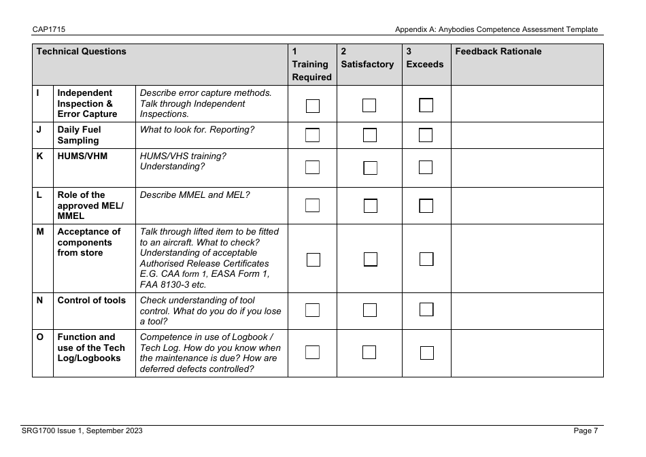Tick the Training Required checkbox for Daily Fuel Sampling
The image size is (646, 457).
pyautogui.click(x=313, y=135)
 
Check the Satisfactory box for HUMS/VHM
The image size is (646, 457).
pyautogui.click(x=370, y=167)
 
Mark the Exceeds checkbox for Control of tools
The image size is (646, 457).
pyautogui.click(x=426, y=310)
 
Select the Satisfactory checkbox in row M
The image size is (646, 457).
pyautogui.click(x=370, y=258)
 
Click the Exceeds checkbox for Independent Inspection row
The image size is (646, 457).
pyautogui.click(x=426, y=105)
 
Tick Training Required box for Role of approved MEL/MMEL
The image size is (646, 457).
pyautogui.click(x=313, y=205)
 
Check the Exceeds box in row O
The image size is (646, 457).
pyautogui.click(x=426, y=352)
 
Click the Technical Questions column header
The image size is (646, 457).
pyautogui.click(x=82, y=52)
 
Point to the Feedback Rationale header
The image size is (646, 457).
pyautogui.click(x=498, y=52)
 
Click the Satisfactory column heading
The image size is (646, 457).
pyautogui.click(x=367, y=64)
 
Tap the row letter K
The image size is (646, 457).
pyautogui.click(x=40, y=156)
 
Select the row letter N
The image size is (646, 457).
pyautogui.click(x=40, y=300)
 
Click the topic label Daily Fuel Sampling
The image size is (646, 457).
pyautogui.click(x=78, y=135)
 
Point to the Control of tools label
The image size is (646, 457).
pyautogui.click(x=91, y=300)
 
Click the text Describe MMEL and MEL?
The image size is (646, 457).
pyautogui.click(x=194, y=194)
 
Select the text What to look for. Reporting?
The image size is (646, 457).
pyautogui.click(x=197, y=129)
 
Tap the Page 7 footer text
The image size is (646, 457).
pyautogui.click(x=585, y=430)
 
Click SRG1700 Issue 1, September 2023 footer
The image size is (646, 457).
pyautogui.click(x=82, y=430)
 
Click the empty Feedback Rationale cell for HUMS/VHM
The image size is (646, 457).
pyautogui.click(x=527, y=167)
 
